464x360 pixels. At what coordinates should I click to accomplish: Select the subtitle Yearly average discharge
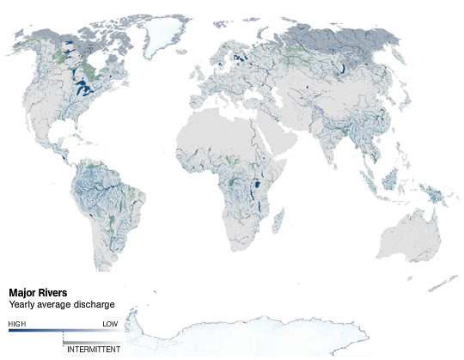click(62, 304)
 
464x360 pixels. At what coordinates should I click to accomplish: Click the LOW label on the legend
click(110, 324)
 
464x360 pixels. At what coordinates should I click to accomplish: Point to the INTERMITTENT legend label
click(94, 350)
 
